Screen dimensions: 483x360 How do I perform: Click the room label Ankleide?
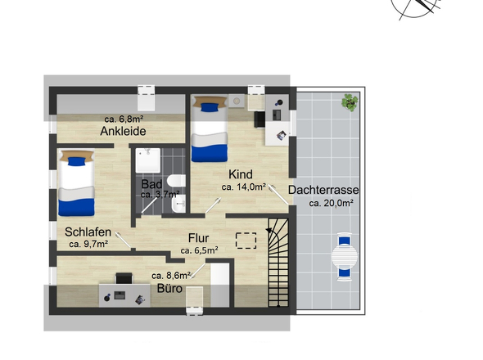click(x=123, y=131)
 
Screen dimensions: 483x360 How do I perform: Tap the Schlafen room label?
click(x=88, y=232)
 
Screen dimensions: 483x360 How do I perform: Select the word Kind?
click(x=240, y=174)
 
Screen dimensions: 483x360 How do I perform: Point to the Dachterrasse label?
click(x=323, y=190)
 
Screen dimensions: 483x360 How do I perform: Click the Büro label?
click(x=169, y=289)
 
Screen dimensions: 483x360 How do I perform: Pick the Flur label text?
click(x=198, y=238)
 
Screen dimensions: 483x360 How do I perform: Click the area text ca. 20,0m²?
click(x=331, y=203)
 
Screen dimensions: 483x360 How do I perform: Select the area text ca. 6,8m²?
click(x=124, y=119)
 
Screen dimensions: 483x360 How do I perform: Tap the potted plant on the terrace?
click(x=350, y=102)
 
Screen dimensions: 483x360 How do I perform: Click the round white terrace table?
click(x=345, y=256)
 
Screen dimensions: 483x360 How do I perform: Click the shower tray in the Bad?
click(x=148, y=160)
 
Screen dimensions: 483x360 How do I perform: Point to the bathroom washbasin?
click(x=179, y=204)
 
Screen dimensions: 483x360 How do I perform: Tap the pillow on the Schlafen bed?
click(x=77, y=161)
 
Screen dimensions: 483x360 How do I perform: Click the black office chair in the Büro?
click(x=124, y=278)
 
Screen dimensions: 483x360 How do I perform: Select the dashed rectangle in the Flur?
click(x=246, y=241)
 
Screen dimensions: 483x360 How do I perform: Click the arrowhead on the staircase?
click(x=269, y=231)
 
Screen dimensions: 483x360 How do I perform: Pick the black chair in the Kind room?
click(x=260, y=119)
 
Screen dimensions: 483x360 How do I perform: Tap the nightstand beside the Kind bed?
click(x=237, y=101)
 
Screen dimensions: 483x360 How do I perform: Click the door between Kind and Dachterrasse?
click(x=278, y=195)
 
